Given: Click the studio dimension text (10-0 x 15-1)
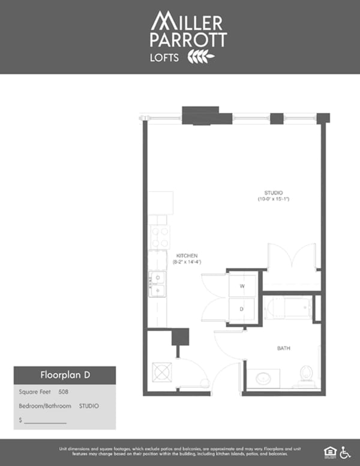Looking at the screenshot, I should click(274, 199).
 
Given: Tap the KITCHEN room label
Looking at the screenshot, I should click(187, 255).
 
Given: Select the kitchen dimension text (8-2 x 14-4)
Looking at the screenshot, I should click(187, 261).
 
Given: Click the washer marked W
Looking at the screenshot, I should click(242, 286).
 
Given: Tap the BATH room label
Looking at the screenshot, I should click(284, 348).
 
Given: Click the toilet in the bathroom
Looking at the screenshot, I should click(307, 375).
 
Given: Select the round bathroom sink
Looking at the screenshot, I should click(264, 379).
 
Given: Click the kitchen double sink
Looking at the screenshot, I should click(158, 284).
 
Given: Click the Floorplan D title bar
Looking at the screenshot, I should click(65, 376).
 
